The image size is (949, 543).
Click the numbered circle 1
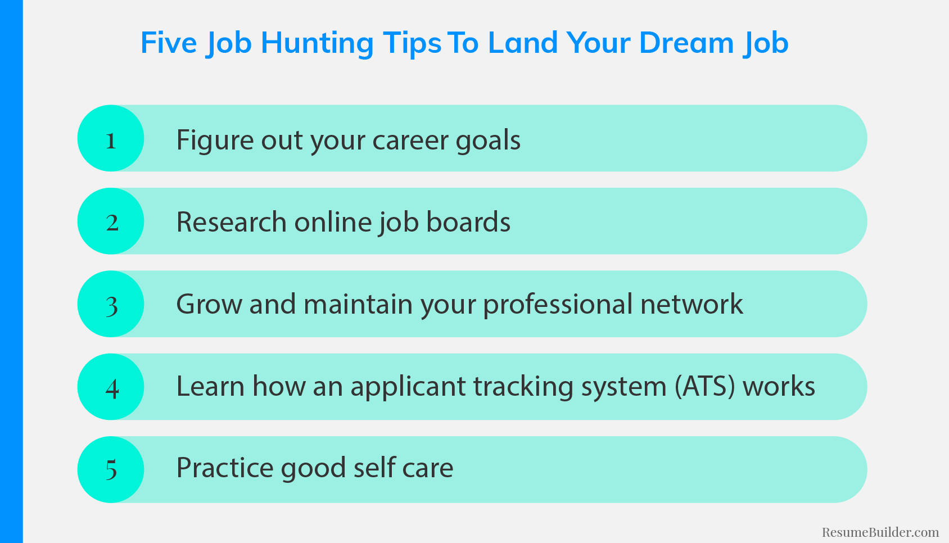(x=111, y=138)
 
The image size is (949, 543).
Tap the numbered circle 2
(x=111, y=221)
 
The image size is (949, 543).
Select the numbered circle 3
(x=111, y=304)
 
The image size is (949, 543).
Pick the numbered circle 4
(x=111, y=387)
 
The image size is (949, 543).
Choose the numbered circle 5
(x=111, y=470)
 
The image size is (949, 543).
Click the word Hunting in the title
(x=317, y=44)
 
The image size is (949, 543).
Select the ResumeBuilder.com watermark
(x=880, y=532)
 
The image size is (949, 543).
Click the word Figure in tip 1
(x=214, y=141)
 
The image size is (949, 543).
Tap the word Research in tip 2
(x=231, y=221)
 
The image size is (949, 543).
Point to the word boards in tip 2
(x=468, y=221)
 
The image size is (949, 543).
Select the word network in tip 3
(x=692, y=304)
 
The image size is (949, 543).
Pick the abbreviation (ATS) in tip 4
(x=704, y=387)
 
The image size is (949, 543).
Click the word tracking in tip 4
(x=523, y=387)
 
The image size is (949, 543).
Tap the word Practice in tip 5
(x=224, y=468)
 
